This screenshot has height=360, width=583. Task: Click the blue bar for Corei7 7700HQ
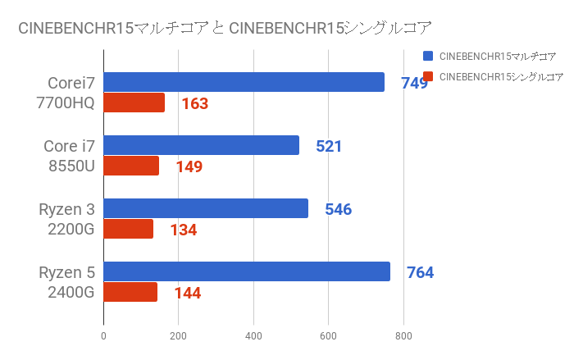coord(244,82)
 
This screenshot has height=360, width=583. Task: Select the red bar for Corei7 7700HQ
coord(134,103)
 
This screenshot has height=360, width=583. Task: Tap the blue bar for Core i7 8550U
coord(201,145)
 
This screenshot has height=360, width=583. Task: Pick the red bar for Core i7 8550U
coord(131,166)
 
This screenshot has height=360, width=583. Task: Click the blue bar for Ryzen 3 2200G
coord(206,208)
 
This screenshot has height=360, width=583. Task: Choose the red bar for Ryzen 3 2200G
coord(128,230)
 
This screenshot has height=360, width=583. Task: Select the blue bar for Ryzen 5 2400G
coord(247,271)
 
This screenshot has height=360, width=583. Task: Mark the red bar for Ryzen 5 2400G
coord(130,293)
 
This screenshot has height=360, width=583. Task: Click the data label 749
coord(414,83)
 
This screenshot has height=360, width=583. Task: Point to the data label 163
coord(194,104)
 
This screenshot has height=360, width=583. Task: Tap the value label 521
coord(328,147)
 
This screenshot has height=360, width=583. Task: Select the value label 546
coord(338,209)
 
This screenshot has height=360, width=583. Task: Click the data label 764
coord(420,272)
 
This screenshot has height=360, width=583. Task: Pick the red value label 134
coord(183,230)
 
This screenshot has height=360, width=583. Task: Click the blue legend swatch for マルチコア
coord(429,57)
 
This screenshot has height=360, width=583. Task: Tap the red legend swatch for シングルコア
coord(429,77)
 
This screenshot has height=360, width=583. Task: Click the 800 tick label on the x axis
coord(403,335)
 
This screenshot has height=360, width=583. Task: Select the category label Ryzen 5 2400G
coord(67,282)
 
